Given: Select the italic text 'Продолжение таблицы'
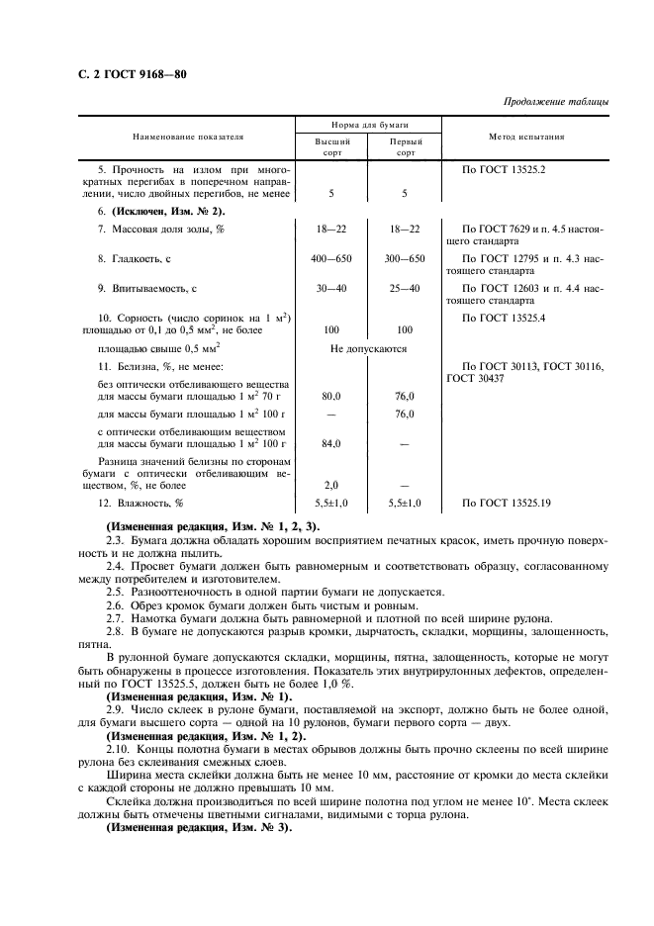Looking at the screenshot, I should click(x=556, y=102).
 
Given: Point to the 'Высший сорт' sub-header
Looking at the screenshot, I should click(x=331, y=147).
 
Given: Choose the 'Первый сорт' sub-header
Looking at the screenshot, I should click(x=404, y=147).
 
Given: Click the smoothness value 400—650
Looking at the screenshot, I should click(x=331, y=258).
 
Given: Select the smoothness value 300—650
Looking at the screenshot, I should click(x=404, y=258).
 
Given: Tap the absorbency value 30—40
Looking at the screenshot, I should click(x=331, y=288).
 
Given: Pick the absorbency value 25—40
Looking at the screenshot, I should click(x=404, y=288).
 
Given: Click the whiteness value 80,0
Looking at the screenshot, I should click(x=331, y=396).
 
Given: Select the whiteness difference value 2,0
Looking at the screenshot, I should click(x=331, y=485).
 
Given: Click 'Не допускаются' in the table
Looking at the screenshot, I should click(x=368, y=348).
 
